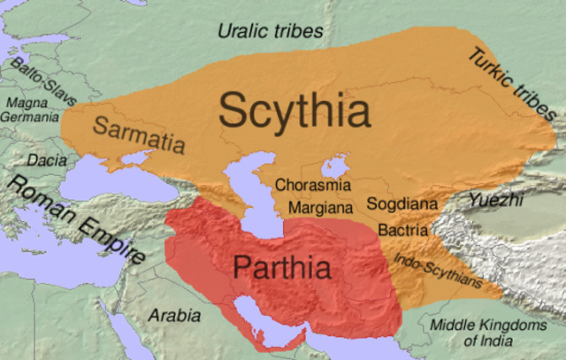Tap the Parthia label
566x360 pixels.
(x=282, y=268)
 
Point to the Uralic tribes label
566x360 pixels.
(x=271, y=32)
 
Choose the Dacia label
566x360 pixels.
(x=47, y=161)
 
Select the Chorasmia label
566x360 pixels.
(x=313, y=187)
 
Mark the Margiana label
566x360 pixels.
(x=315, y=209)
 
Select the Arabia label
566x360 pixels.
(x=173, y=315)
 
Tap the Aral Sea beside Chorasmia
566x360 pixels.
(x=335, y=165)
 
